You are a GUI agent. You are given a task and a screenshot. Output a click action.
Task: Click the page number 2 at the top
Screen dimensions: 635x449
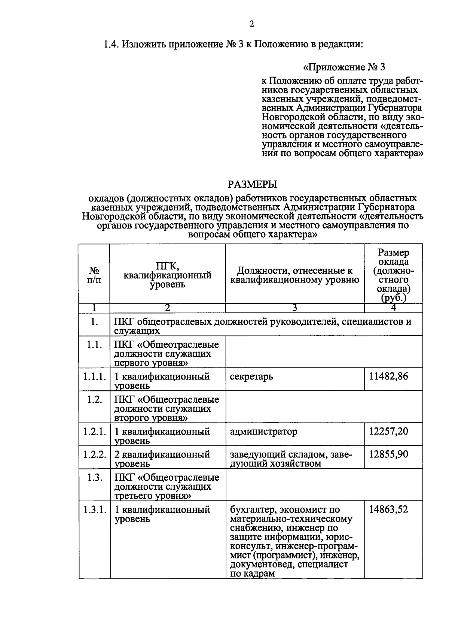251,24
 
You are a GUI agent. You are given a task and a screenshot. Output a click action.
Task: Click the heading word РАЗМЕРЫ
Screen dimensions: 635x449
253,184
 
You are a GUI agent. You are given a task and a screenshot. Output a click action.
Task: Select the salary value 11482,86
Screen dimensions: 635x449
388,376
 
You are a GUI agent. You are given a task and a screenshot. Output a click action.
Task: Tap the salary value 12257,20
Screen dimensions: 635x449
388,431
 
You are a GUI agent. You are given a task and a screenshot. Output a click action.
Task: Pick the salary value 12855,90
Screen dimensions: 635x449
388,454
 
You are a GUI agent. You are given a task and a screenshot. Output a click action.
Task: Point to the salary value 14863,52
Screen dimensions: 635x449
388,509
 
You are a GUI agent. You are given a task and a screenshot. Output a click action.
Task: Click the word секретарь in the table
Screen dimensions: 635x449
251,377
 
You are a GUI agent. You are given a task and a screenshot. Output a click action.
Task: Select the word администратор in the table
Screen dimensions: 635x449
264,432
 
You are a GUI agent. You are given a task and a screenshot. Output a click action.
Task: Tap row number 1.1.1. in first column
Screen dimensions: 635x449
94,377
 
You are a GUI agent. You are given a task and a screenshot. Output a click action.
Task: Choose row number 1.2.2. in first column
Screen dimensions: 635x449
94,454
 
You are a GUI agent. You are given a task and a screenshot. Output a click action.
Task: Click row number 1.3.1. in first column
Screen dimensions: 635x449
94,509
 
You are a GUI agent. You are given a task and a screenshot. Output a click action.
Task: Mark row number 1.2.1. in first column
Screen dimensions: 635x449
94,432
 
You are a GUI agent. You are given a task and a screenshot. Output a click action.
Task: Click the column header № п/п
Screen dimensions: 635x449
94,275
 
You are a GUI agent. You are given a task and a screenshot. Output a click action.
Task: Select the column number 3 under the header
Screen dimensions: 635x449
294,308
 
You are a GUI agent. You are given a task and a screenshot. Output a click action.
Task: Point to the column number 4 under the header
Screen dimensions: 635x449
393,308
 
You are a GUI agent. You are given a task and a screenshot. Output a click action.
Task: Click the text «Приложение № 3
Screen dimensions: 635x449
344,67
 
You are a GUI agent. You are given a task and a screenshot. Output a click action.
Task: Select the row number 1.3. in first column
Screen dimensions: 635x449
94,478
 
